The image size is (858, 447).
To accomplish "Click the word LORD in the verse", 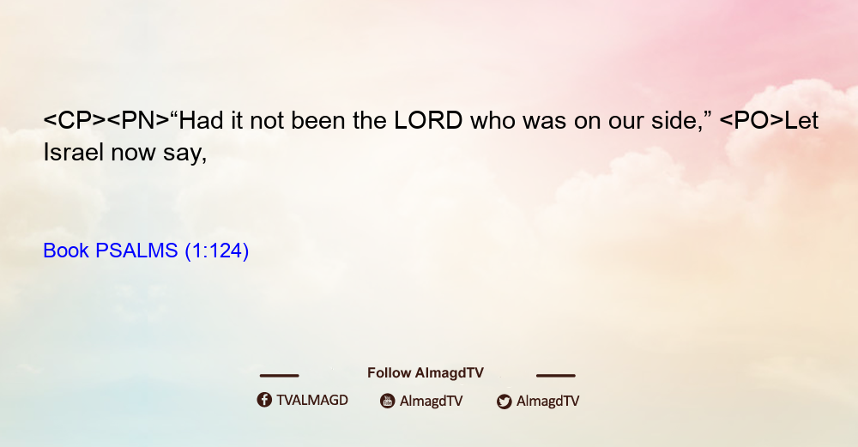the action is (428, 120).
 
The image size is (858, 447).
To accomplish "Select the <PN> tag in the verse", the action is (138, 120).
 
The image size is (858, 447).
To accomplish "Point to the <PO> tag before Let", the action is (752, 120).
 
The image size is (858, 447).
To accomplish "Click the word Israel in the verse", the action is (73, 152).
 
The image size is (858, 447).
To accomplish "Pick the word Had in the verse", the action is (202, 120).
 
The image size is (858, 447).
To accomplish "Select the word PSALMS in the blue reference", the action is (136, 251).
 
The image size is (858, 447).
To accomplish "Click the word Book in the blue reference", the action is (66, 251).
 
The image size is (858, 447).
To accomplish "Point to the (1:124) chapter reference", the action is (217, 251).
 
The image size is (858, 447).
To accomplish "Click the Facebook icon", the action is (264, 400).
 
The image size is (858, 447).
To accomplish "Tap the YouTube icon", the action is (388, 401).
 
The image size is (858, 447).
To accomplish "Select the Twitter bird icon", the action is (504, 402).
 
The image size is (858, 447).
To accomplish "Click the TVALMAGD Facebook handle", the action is (312, 401).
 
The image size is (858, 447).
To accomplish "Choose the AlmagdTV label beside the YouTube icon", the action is (432, 402).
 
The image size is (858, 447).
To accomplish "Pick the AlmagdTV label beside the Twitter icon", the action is (547, 402).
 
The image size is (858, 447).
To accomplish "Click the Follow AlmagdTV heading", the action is (426, 373).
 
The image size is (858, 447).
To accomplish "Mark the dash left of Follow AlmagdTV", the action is (279, 376).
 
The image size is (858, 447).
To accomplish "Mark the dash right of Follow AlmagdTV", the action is (556, 376).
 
